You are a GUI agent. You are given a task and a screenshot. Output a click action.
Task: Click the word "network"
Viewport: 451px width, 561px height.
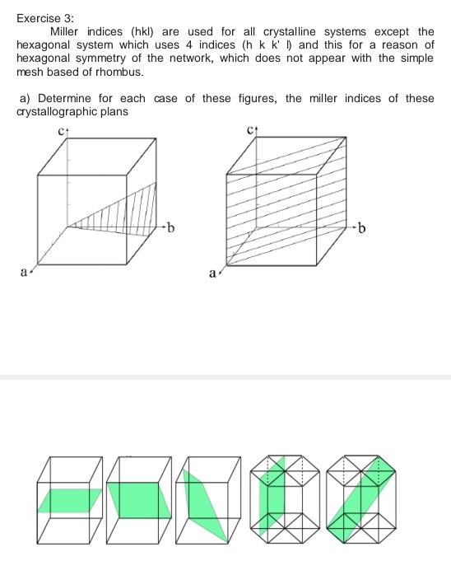coord(233,58)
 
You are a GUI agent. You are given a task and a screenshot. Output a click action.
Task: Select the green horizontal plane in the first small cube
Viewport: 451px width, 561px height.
coord(70,499)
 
